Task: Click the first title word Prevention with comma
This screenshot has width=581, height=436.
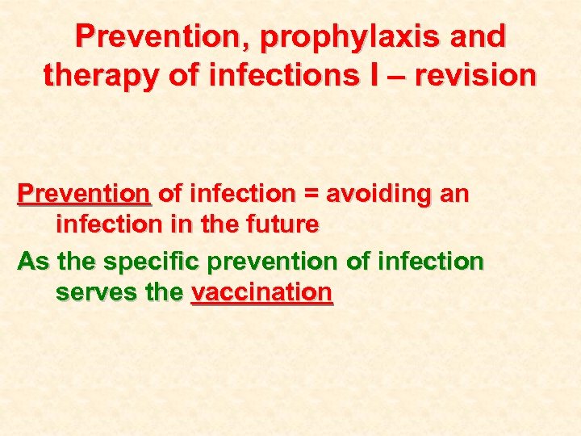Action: click(x=143, y=36)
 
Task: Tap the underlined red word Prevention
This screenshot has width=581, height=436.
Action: click(x=84, y=195)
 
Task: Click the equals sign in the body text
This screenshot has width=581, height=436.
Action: click(x=309, y=195)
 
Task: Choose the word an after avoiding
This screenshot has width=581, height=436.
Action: click(x=453, y=195)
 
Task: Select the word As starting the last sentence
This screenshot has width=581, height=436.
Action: click(x=33, y=262)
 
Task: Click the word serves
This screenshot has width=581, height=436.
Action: click(x=92, y=291)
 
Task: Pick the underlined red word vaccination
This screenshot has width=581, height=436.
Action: click(x=261, y=291)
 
